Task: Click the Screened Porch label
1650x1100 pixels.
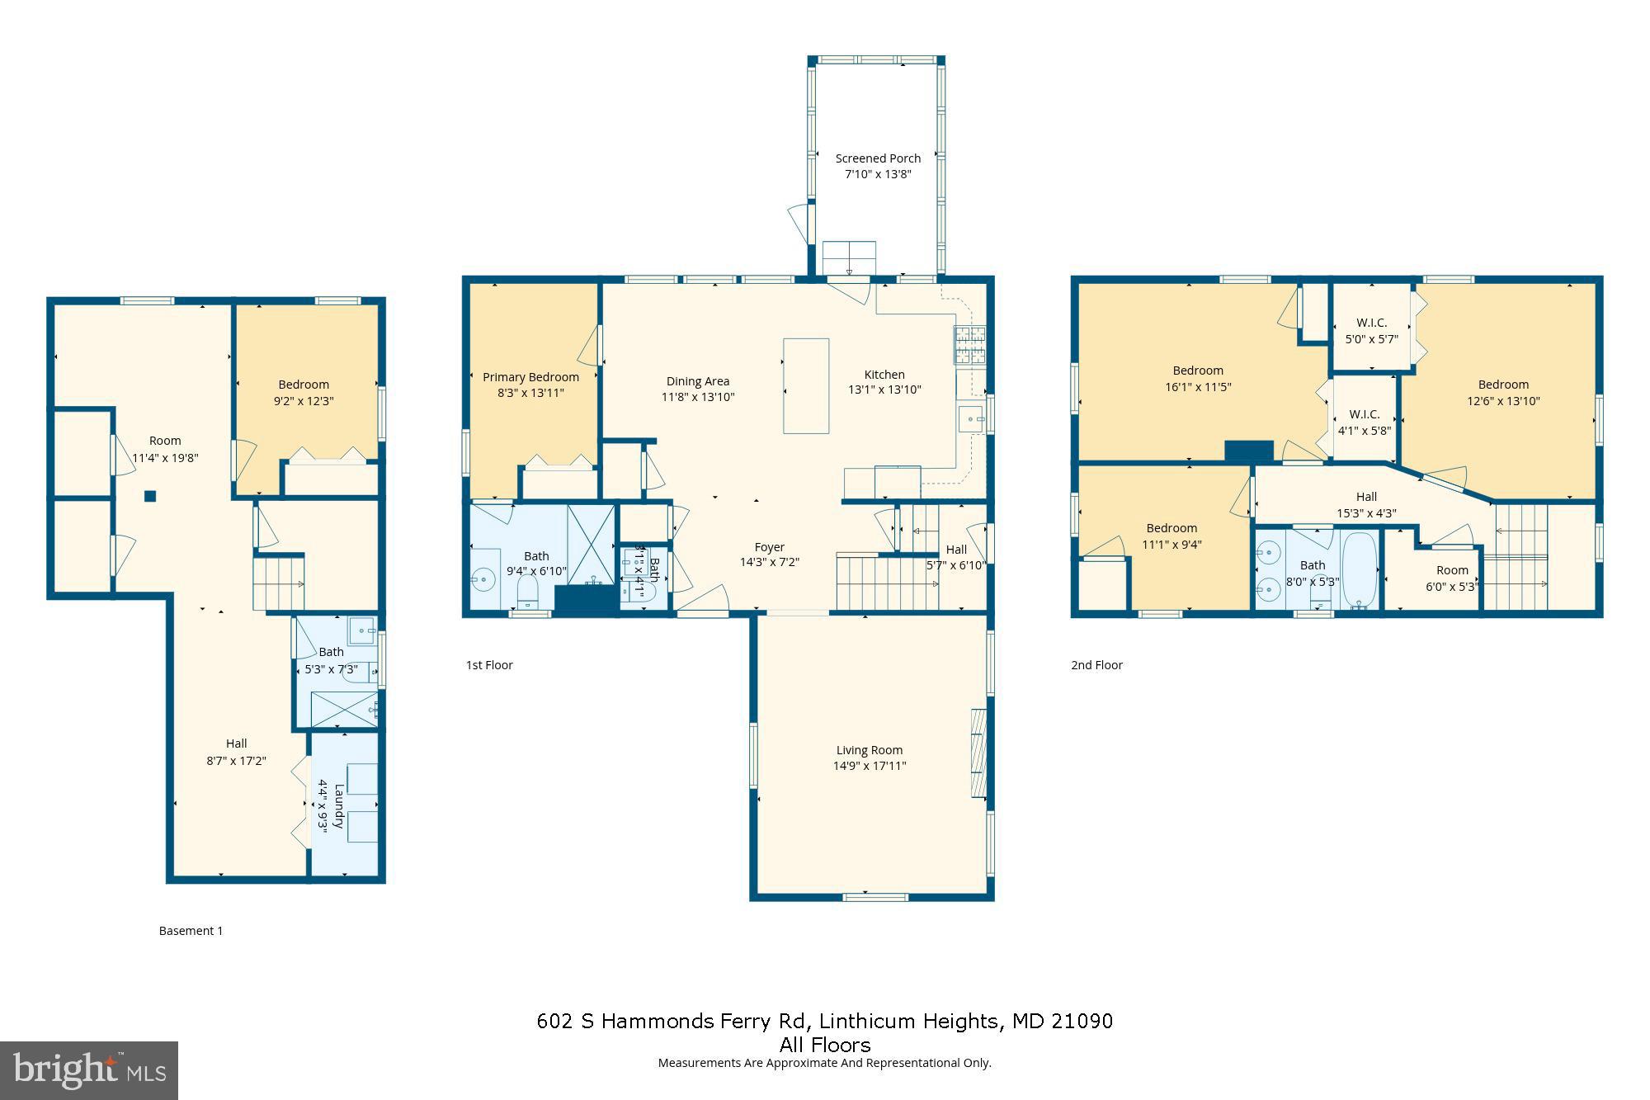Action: click(878, 158)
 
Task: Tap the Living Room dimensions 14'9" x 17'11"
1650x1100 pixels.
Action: click(870, 766)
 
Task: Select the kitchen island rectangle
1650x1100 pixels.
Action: click(806, 385)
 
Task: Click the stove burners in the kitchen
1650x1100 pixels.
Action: click(969, 345)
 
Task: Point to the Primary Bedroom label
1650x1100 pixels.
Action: click(530, 377)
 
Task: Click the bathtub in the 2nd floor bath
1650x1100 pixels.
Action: click(1359, 570)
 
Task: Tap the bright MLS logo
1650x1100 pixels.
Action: click(89, 1070)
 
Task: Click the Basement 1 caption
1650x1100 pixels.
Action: click(191, 931)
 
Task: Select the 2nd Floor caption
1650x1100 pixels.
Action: click(1096, 665)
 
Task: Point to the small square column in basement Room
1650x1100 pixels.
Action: click(150, 496)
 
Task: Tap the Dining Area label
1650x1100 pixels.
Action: click(698, 381)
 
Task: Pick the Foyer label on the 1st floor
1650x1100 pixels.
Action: click(769, 547)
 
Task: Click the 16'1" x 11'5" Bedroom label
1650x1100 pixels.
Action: click(1198, 371)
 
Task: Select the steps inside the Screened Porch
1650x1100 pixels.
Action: click(849, 258)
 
